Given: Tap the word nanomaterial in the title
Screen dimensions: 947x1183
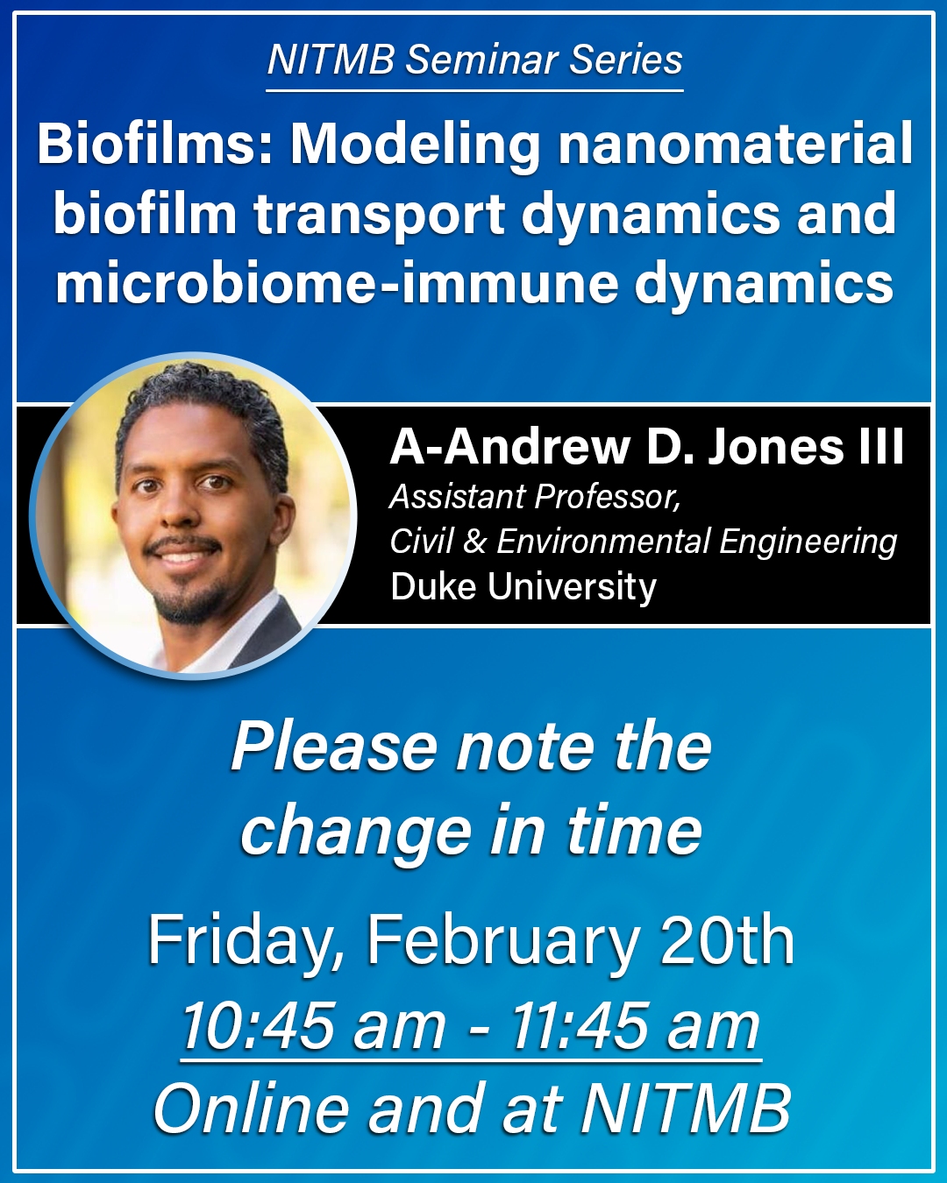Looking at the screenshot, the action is (735, 144).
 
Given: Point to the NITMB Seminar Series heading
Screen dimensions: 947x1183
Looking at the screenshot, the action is (475, 60).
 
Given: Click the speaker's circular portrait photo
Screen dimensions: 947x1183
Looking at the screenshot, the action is (193, 516).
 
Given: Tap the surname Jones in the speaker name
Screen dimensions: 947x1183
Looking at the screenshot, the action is (775, 448).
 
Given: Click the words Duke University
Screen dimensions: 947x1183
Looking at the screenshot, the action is (523, 586).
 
